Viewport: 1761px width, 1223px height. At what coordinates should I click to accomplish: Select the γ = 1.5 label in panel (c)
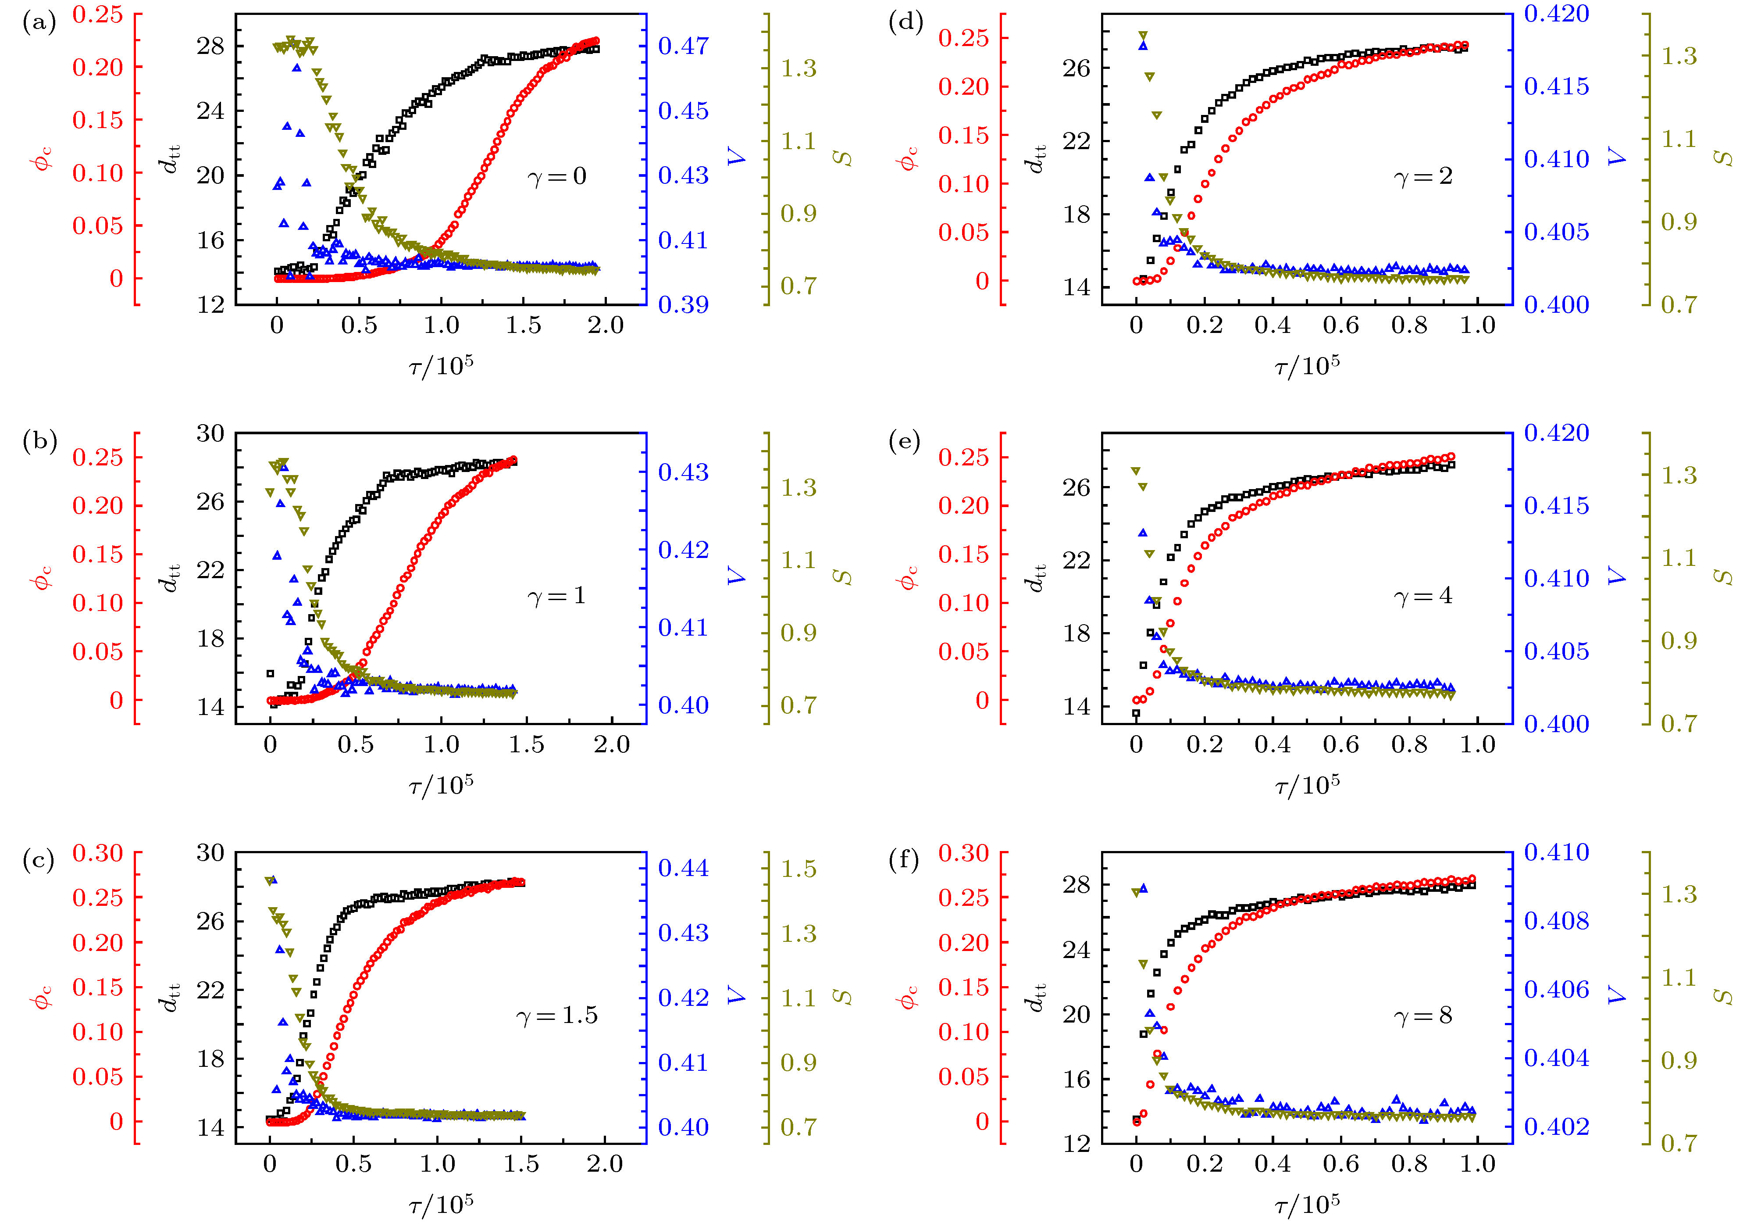coord(557,1016)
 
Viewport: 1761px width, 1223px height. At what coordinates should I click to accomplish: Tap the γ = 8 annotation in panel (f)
coord(1423,1016)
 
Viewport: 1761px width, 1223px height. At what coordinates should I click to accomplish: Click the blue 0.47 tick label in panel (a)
coord(683,46)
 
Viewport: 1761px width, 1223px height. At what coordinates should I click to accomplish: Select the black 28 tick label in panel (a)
coord(210,46)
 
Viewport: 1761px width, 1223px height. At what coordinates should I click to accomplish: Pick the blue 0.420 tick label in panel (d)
coord(1557,14)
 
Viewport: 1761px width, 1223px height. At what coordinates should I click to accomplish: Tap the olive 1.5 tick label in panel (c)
coord(798,869)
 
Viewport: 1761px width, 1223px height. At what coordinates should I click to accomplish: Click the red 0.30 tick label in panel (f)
coord(964,853)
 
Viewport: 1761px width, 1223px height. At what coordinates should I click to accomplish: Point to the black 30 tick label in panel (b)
coord(210,434)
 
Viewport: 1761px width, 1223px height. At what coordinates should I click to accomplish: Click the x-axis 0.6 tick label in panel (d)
coord(1340,325)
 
